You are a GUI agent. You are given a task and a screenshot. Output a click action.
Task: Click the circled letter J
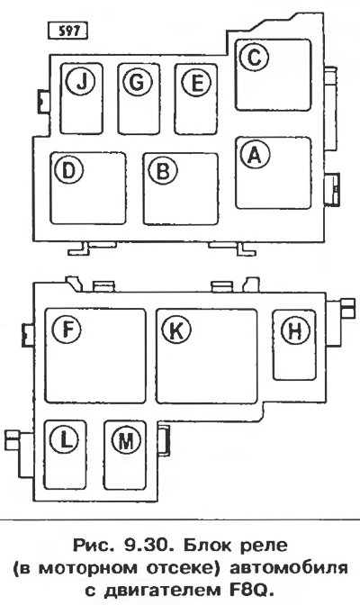coord(81,82)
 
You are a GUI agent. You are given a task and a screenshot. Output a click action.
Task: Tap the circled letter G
coord(138,82)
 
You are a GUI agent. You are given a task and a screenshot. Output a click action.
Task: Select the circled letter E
coord(196,82)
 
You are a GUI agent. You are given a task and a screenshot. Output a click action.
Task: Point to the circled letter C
coord(254,57)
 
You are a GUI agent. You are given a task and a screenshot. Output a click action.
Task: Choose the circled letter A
coord(254,154)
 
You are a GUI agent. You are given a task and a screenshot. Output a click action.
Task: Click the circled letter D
coord(68,170)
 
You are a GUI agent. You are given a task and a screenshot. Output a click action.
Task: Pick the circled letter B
coord(162,170)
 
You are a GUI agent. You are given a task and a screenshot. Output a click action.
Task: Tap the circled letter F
coord(67,329)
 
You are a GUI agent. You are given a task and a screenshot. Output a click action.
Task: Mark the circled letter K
coord(175,330)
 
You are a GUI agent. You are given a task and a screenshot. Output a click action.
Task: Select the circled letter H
coord(295,330)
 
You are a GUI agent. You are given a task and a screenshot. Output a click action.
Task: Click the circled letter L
coord(65,439)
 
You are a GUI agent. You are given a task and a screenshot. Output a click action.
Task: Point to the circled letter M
coord(126,439)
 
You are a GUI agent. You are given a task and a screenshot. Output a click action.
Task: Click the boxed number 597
coord(67,31)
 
